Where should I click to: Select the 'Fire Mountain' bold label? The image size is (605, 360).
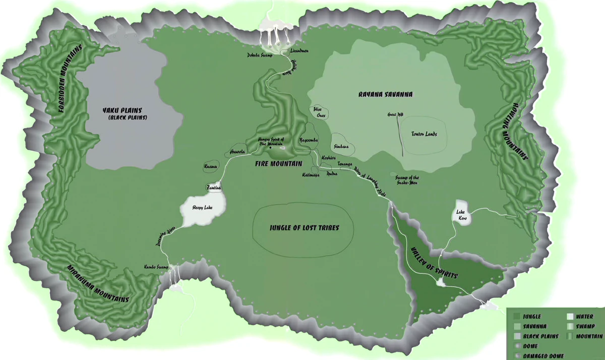[x=278, y=164]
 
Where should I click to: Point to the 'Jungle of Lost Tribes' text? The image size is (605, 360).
[x=304, y=228]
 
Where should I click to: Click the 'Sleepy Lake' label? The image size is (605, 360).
[x=202, y=207]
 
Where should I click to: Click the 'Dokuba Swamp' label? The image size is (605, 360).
[x=259, y=55]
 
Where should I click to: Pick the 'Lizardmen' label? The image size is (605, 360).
[x=299, y=51]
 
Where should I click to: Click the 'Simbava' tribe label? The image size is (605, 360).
[x=341, y=146]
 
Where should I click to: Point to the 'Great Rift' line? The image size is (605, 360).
[x=401, y=136]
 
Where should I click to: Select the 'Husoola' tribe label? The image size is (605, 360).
[x=237, y=151]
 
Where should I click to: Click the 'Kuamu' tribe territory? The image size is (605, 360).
[x=210, y=166]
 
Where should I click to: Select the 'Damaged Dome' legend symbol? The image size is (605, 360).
[x=517, y=356]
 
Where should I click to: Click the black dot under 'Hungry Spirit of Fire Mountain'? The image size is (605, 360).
[x=270, y=148]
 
